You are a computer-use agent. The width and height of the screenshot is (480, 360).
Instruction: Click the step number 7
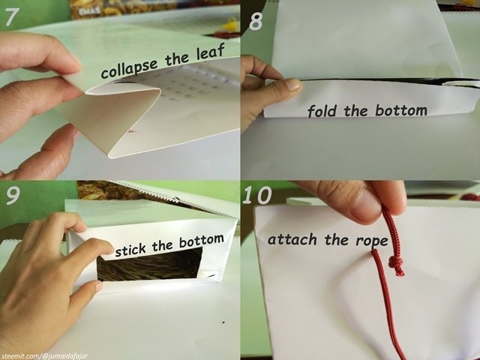pos(13,16)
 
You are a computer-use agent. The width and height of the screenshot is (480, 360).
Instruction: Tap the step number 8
pos(256,22)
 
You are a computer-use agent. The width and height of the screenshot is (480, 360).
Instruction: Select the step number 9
pos(13,195)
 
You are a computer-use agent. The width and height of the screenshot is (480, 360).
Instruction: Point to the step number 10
pos(257,195)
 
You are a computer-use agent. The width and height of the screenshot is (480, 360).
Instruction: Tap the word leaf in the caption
pos(211,52)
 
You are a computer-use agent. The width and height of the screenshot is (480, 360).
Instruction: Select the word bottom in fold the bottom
pos(400,110)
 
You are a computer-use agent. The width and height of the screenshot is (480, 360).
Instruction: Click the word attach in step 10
pos(292,239)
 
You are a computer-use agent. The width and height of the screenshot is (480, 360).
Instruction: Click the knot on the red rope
pos(396,265)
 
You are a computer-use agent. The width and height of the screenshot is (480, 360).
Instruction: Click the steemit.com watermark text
pos(45,356)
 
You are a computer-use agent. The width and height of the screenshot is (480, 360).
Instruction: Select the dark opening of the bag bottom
pos(150,265)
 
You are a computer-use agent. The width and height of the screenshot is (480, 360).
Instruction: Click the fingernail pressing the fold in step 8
pos(293,84)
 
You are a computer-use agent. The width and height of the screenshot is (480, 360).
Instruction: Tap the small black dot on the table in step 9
pos(223,322)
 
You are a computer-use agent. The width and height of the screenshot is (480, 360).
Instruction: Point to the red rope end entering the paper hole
pos(375,252)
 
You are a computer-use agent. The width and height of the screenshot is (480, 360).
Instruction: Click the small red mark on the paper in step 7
pos(132,131)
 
